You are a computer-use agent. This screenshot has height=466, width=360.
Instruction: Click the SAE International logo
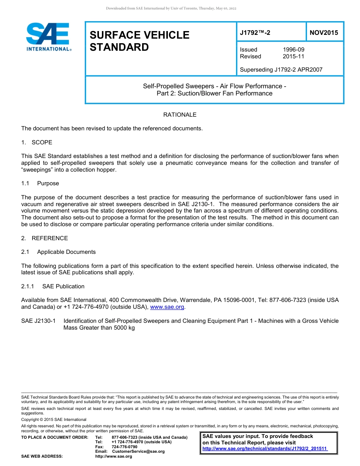(48, 37)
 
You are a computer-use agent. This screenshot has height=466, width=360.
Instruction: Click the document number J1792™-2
(255, 33)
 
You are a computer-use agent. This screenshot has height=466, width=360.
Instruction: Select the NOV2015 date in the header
(324, 33)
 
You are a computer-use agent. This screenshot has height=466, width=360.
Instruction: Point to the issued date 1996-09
(293, 50)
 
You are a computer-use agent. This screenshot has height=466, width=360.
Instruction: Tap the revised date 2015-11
(293, 56)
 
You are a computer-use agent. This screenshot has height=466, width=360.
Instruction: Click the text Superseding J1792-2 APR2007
(281, 70)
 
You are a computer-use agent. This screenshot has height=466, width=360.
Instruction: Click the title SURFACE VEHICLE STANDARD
(139, 41)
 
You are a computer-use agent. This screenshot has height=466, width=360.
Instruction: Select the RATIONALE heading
(180, 114)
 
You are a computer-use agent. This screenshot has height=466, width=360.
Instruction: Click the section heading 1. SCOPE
(37, 142)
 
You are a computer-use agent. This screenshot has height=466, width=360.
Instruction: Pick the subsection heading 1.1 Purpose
(40, 183)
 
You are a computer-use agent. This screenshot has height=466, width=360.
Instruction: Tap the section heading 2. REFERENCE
(44, 238)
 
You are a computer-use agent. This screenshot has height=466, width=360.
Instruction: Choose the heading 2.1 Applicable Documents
(58, 252)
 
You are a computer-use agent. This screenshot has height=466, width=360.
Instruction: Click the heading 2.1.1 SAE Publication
(53, 286)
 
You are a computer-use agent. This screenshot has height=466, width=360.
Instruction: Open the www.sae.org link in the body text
(167, 307)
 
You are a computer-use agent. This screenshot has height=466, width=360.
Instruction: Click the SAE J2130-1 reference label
(38, 321)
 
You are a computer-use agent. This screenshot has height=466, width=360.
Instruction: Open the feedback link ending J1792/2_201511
(265, 449)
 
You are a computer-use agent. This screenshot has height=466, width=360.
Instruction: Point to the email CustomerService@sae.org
(138, 451)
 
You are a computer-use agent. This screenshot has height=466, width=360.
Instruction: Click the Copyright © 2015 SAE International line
(54, 419)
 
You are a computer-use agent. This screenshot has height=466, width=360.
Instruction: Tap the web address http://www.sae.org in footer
(113, 456)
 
